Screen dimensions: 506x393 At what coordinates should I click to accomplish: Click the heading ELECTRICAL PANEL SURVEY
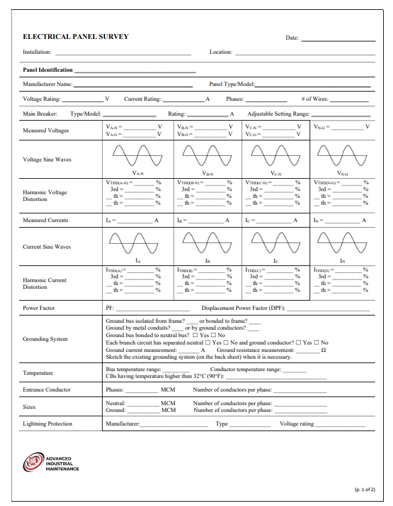76,36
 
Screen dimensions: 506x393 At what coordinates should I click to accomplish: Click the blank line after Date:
338,40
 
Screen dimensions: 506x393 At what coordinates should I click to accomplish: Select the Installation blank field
123,54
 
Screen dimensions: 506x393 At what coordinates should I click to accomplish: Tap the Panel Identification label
48,70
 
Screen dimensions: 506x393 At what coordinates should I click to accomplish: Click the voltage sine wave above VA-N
138,155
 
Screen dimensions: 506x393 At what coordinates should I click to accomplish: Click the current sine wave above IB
208,242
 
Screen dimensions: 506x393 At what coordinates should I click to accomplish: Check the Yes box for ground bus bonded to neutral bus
195,335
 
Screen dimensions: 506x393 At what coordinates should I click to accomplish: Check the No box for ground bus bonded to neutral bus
213,335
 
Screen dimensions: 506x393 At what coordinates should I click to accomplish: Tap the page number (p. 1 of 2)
364,489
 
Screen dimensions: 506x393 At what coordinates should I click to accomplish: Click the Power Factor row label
39,307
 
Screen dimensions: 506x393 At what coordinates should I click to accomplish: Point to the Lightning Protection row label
48,424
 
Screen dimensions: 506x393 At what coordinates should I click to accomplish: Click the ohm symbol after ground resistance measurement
323,350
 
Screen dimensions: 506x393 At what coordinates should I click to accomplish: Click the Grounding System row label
45,339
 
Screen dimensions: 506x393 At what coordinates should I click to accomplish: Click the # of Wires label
315,99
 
